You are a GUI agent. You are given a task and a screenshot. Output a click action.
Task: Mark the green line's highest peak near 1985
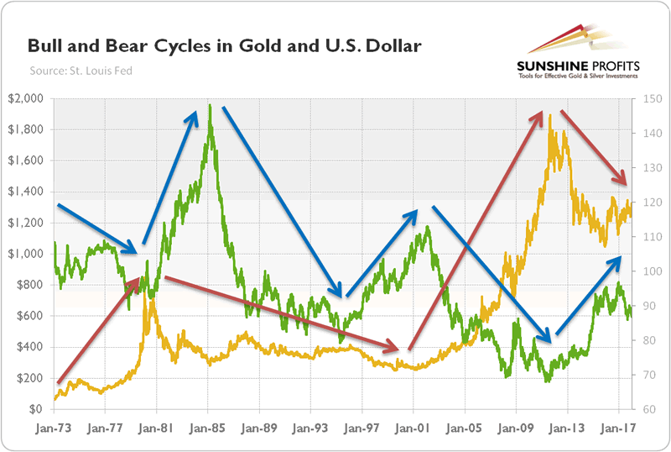(x=209, y=107)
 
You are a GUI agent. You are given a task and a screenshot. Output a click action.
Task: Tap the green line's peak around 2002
(x=427, y=226)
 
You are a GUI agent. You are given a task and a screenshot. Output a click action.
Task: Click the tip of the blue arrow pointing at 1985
(x=197, y=108)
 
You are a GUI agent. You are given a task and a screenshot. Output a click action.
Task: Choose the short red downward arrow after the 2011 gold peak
(x=593, y=147)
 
